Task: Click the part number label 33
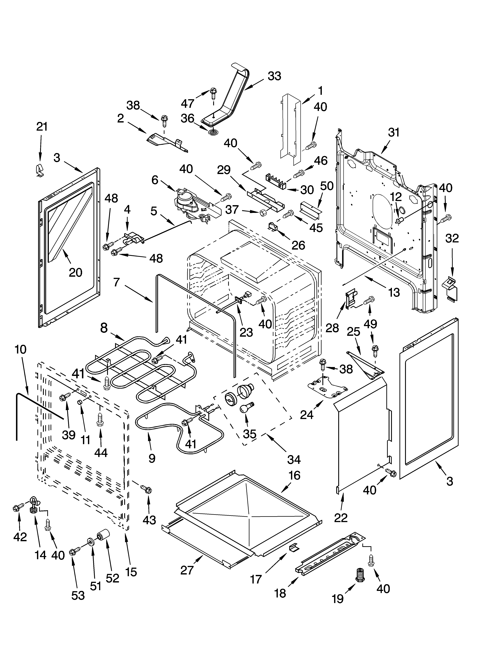pyautogui.click(x=274, y=76)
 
